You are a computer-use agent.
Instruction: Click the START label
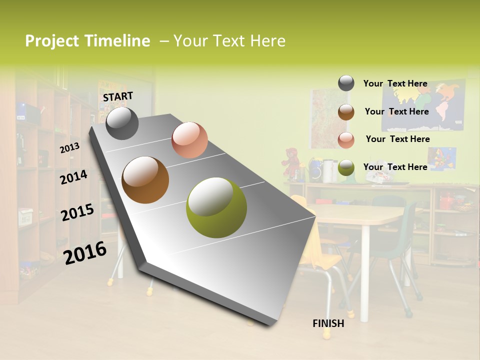(x=118, y=96)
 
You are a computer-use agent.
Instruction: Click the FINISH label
(x=328, y=323)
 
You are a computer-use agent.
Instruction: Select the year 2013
(x=69, y=148)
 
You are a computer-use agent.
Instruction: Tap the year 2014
(x=73, y=177)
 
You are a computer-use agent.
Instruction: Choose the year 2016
(x=85, y=252)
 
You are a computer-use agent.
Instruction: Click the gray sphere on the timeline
(x=122, y=123)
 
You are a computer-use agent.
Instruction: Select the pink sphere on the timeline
(x=189, y=140)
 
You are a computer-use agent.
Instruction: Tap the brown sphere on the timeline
(x=145, y=180)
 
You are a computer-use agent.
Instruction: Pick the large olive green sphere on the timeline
(x=216, y=207)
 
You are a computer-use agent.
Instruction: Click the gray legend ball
(x=346, y=83)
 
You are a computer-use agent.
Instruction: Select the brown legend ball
(x=346, y=112)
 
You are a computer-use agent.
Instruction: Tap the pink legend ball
(x=346, y=140)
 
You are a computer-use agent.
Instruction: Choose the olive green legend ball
(x=346, y=168)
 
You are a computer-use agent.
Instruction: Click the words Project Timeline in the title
(x=87, y=41)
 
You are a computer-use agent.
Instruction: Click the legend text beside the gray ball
(x=395, y=83)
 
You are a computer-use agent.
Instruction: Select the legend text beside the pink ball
(x=397, y=139)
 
